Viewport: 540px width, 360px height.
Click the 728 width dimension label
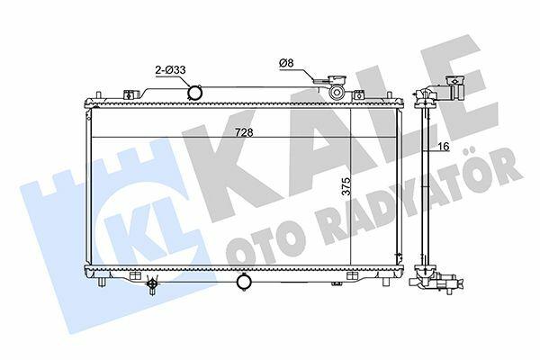pyautogui.click(x=244, y=132)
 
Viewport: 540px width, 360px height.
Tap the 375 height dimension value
pyautogui.click(x=346, y=186)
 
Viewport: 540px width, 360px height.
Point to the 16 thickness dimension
pyautogui.click(x=444, y=147)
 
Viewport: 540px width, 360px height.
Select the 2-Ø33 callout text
pyautogui.click(x=170, y=70)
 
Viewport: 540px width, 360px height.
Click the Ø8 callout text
pyautogui.click(x=286, y=63)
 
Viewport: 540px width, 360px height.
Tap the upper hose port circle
pyautogui.click(x=195, y=92)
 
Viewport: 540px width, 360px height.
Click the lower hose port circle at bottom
pyautogui.click(x=244, y=282)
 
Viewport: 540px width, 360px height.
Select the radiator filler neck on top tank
pyautogui.click(x=337, y=91)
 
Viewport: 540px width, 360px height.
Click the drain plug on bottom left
pyautogui.click(x=152, y=284)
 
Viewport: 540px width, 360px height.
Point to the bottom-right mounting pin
pyautogui.click(x=386, y=282)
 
